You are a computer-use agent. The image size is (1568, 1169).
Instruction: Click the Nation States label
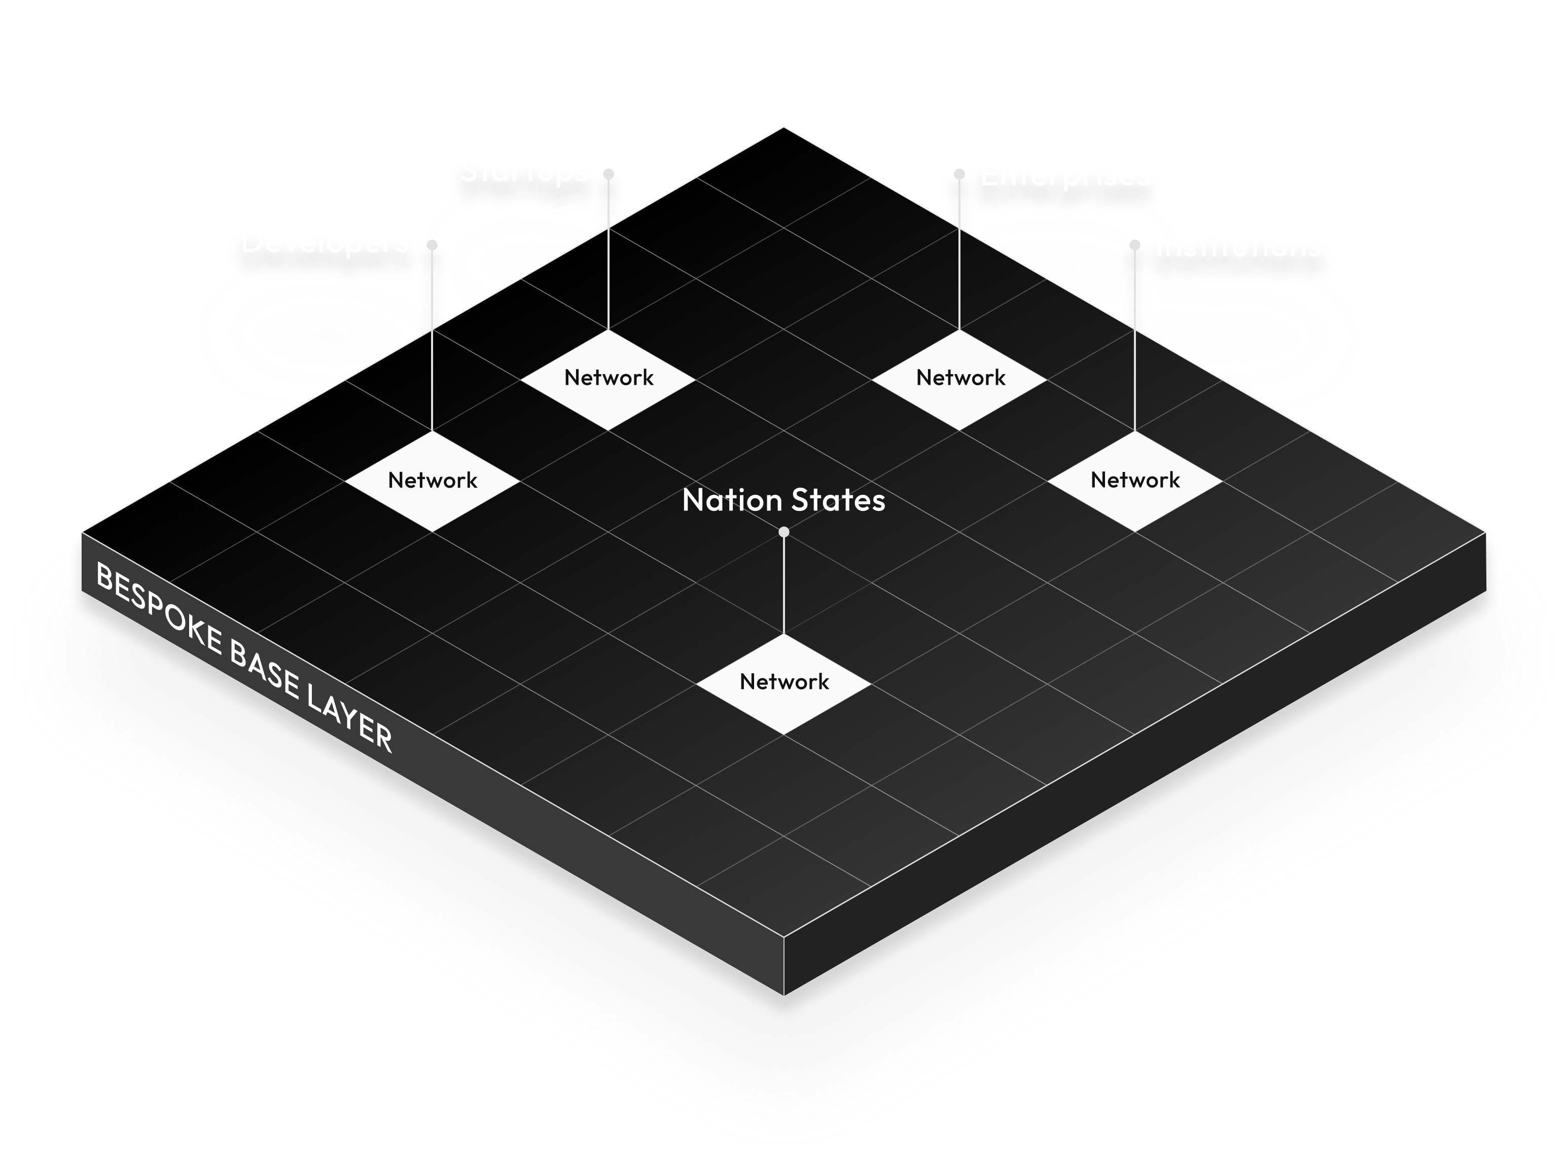tap(783, 500)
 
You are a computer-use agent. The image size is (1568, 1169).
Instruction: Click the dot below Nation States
tap(783, 532)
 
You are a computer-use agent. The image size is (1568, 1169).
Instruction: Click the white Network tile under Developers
tap(433, 481)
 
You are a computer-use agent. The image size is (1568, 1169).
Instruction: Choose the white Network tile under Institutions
tap(1135, 481)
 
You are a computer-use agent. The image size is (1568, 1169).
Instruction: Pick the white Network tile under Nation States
tap(783, 682)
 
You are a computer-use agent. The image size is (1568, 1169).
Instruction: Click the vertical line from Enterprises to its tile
tap(959, 255)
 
